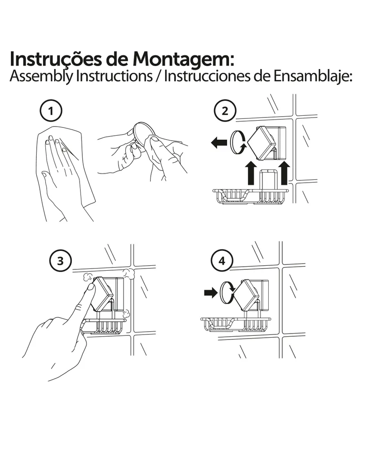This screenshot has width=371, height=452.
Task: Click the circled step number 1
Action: point(51,111)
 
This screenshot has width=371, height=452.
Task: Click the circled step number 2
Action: point(225,111)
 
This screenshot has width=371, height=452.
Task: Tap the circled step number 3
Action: point(60,261)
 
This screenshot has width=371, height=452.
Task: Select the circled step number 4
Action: point(222,261)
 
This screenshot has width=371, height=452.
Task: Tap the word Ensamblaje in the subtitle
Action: point(313,76)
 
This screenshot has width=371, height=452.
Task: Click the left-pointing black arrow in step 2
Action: point(219,143)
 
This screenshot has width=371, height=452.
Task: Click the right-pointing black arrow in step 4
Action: point(210,293)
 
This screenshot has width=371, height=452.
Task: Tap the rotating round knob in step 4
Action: point(227,293)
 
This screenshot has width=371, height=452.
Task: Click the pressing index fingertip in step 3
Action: point(90,287)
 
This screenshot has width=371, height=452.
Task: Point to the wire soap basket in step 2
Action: point(250,197)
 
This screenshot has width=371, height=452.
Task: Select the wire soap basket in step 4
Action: point(236,324)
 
